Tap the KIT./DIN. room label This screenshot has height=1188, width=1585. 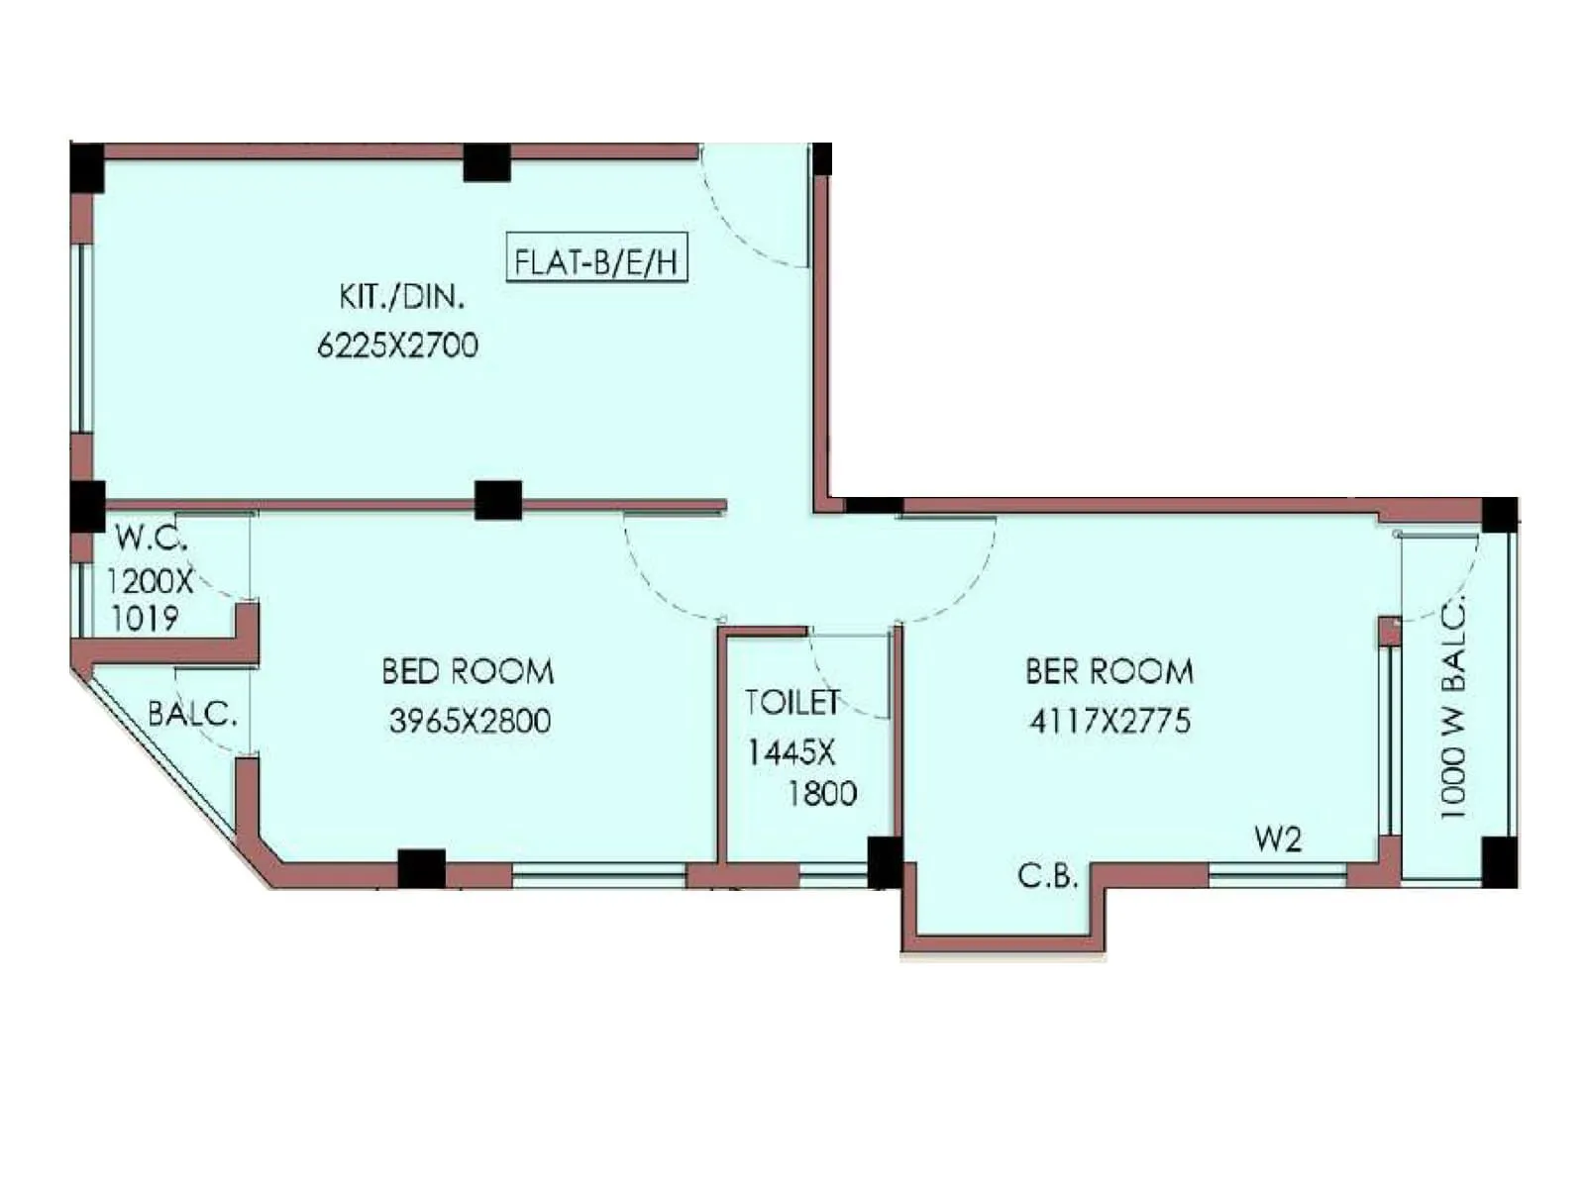tap(401, 296)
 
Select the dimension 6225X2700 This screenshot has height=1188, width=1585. tap(397, 346)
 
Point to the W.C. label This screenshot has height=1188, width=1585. tap(151, 538)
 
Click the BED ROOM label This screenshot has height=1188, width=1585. tap(468, 672)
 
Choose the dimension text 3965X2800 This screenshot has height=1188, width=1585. tap(470, 721)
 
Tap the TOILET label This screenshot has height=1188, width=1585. tap(792, 702)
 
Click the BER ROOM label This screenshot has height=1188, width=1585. tap(1109, 672)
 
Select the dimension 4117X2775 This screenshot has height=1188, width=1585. tap(1109, 721)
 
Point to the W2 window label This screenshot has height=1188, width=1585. tap(1277, 840)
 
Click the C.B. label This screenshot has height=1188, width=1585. tap(1047, 876)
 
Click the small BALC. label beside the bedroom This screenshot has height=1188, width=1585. tap(192, 714)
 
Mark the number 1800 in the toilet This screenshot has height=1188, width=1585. tap(822, 794)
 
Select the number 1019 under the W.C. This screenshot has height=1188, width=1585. tap(145, 620)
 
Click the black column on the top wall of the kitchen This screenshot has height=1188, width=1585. tap(486, 163)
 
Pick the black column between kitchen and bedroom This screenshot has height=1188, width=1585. tap(497, 501)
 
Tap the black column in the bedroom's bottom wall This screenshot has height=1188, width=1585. tap(421, 869)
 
